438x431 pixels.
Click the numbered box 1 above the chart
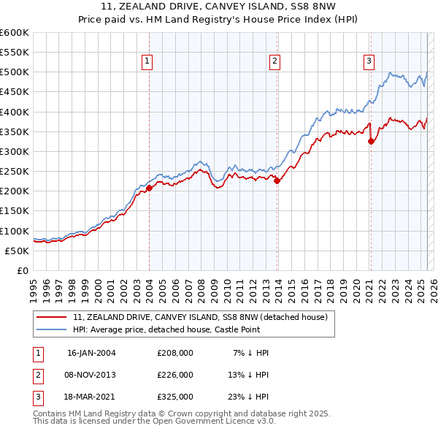(x=147, y=61)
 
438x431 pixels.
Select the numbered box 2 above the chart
(x=275, y=61)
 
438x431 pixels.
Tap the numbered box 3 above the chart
(x=369, y=61)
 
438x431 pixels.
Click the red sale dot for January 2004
(x=149, y=188)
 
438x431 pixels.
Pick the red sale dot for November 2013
(x=277, y=181)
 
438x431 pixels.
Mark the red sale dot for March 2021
(x=371, y=142)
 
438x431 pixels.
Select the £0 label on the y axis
(x=22, y=270)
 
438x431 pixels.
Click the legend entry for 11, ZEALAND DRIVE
(x=201, y=317)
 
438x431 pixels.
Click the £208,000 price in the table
(x=175, y=352)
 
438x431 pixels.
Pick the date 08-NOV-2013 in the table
(x=91, y=375)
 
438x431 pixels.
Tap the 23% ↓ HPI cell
(x=248, y=397)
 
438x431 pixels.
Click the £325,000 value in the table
(x=175, y=397)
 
